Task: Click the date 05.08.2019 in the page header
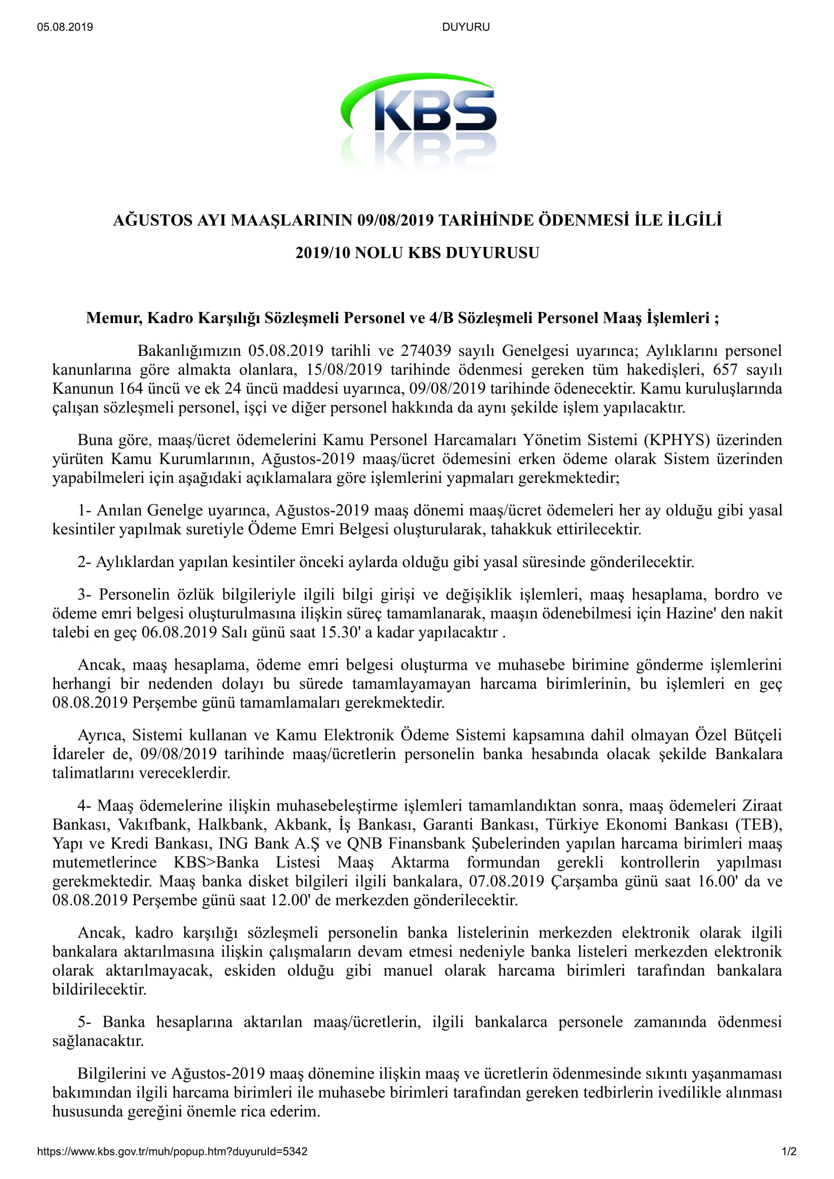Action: click(x=65, y=27)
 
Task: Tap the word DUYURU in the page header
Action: click(x=466, y=27)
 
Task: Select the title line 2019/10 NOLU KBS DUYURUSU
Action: click(x=417, y=253)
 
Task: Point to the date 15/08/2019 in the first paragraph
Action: click(x=344, y=369)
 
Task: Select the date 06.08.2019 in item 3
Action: click(x=179, y=632)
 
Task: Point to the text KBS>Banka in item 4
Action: click(x=216, y=862)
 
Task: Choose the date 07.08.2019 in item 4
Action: click(x=506, y=881)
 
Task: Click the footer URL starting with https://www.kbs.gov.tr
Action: click(x=172, y=1151)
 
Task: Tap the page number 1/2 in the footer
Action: click(x=789, y=1151)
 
